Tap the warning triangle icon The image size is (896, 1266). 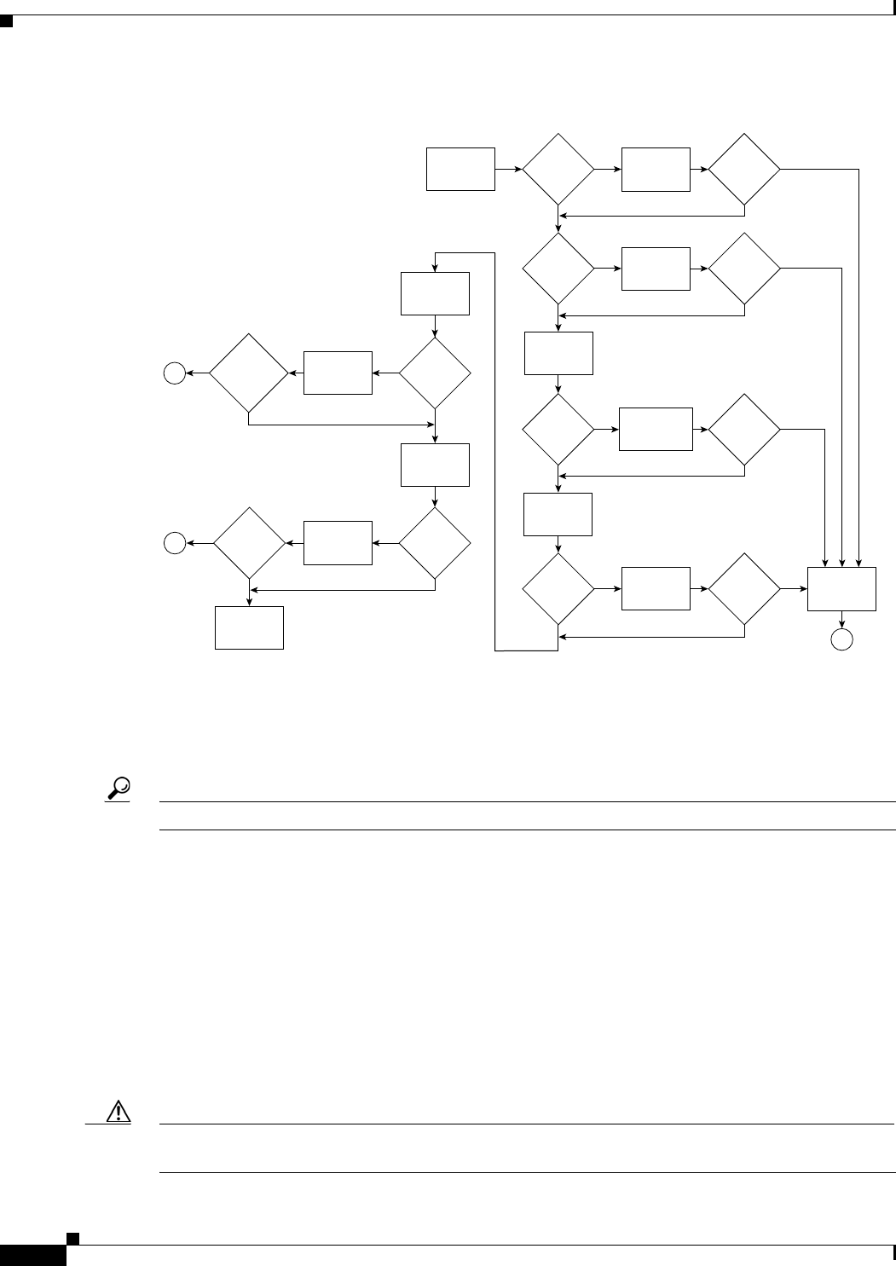point(118,1113)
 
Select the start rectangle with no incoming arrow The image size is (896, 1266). point(460,169)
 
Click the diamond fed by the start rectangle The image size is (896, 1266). point(558,169)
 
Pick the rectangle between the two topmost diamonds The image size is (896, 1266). point(656,169)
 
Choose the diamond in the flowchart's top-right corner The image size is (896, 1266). point(744,169)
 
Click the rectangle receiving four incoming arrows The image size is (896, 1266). point(841,588)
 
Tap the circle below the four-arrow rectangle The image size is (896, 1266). point(841,641)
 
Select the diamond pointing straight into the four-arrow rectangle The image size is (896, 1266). point(744,588)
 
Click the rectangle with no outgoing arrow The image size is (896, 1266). point(249,627)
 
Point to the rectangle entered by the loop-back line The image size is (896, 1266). point(435,292)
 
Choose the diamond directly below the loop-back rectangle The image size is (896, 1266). point(435,373)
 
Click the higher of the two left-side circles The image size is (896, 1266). point(175,373)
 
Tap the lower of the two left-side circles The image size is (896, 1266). point(175,542)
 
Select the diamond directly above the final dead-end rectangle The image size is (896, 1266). point(249,542)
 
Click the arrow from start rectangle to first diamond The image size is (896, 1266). point(509,169)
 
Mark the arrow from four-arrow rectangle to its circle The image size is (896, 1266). point(841,621)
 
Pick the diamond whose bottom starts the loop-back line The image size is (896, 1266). point(558,588)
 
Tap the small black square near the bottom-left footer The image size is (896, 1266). point(73,1237)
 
